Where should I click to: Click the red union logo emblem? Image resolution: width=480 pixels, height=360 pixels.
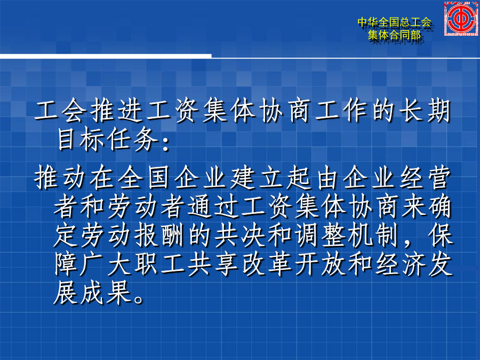(x=461, y=18)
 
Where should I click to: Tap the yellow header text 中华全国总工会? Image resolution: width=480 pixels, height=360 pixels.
(x=394, y=22)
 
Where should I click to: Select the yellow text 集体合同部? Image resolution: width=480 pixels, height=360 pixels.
(x=394, y=35)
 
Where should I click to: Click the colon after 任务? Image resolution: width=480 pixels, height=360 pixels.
(x=166, y=145)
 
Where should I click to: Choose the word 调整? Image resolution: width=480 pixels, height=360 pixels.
(x=321, y=235)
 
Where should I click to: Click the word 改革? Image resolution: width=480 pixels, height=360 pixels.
(x=267, y=264)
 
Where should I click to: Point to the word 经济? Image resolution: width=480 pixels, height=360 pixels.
(x=402, y=264)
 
